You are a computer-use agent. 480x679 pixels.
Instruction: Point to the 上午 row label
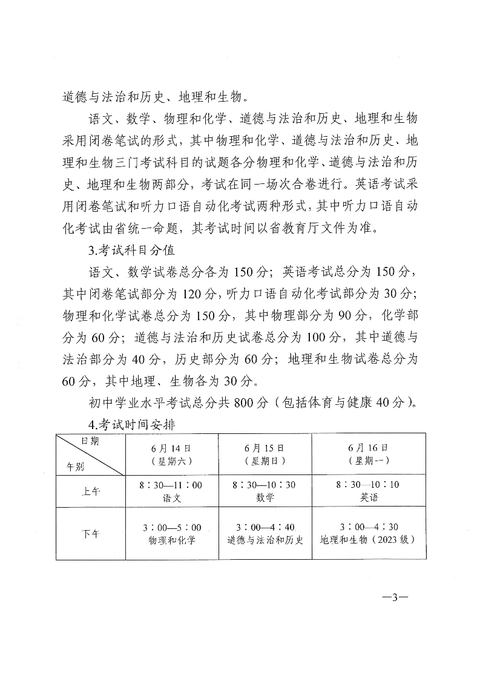click(x=91, y=491)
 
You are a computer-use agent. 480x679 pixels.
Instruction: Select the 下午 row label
click(x=91, y=533)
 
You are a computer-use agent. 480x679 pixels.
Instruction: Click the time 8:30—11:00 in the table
click(x=172, y=485)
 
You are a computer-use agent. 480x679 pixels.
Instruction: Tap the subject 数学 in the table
click(x=265, y=498)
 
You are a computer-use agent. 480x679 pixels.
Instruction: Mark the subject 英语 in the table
click(x=369, y=498)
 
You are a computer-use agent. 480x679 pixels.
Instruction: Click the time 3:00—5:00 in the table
click(x=172, y=527)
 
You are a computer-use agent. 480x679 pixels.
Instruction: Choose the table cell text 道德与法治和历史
click(x=265, y=540)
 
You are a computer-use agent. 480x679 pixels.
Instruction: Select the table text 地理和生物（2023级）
click(x=369, y=540)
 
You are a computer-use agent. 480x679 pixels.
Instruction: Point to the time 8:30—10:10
click(x=369, y=485)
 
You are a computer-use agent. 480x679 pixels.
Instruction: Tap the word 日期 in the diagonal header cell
click(x=91, y=442)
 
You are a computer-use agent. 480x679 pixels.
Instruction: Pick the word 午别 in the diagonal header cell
click(x=75, y=467)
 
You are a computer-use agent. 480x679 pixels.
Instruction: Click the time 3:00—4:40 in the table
click(x=265, y=527)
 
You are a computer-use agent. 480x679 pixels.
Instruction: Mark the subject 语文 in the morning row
click(x=172, y=498)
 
